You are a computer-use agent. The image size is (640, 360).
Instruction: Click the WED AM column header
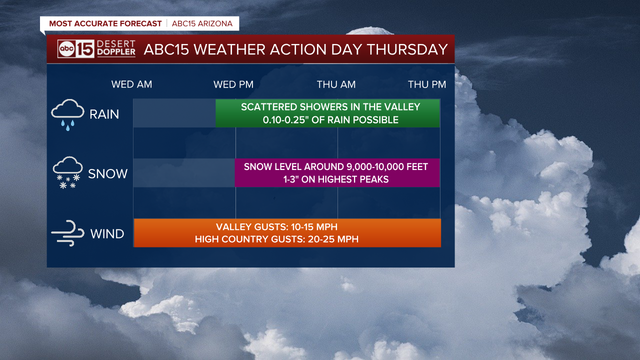131,84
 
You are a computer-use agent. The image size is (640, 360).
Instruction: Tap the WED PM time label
233,84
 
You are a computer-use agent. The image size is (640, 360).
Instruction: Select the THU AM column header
336,84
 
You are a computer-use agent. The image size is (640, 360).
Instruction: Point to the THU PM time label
427,84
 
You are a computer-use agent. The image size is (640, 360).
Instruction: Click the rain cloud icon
67,114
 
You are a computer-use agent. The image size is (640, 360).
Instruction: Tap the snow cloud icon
67,172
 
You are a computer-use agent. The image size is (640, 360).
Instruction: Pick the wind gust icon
67,233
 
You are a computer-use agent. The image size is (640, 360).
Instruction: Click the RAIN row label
104,114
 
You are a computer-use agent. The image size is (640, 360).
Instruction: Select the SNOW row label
107,173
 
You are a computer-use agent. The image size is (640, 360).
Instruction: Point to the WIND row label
107,233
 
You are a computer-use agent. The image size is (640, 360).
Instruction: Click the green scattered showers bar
327,113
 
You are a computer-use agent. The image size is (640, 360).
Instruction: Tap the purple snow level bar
337,173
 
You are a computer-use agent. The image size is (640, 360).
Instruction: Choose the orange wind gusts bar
287,233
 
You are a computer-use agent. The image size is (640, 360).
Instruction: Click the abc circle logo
66,49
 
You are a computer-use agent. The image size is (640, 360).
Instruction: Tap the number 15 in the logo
85,49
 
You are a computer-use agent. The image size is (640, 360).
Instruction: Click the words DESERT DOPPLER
116,48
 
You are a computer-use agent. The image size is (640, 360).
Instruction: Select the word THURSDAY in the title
407,49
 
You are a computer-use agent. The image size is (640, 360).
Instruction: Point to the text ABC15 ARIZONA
202,23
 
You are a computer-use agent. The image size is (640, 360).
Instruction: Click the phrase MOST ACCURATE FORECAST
105,23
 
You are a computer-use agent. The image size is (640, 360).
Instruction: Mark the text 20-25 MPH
333,239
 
